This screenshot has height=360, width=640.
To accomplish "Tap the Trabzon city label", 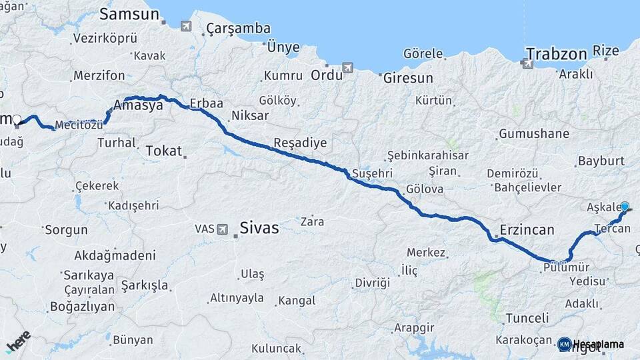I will [x=556, y=53].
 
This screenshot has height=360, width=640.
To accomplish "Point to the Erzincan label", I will [x=527, y=231].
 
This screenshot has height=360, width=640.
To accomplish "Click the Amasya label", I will [x=138, y=105].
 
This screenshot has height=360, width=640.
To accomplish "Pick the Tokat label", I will [x=163, y=151].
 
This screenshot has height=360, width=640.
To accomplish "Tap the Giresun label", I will [x=408, y=78].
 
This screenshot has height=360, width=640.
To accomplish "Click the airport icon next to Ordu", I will [x=347, y=68].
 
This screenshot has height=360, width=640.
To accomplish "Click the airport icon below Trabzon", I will [x=527, y=64].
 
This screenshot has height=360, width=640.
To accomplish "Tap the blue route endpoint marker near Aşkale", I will [x=625, y=207].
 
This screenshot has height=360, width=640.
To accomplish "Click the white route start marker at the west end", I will [x=17, y=121].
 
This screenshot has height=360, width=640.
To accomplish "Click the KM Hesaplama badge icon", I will [x=564, y=344].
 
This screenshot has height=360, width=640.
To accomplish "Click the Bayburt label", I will [x=601, y=161].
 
